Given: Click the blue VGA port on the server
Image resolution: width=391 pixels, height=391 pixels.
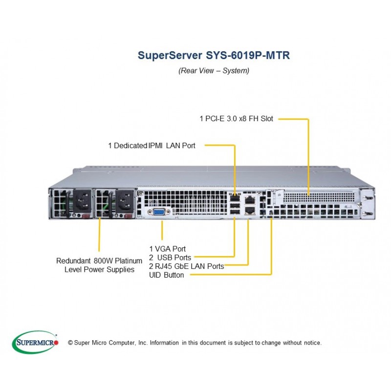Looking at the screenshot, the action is [158, 212].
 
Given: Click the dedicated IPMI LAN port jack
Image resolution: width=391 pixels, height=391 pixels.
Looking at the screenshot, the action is [235, 198].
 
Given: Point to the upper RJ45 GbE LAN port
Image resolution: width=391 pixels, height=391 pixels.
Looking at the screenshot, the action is [250, 200].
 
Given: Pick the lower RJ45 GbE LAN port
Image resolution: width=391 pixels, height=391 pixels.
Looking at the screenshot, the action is [250, 210].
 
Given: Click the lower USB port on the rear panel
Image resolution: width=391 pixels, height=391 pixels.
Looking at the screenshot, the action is [235, 212].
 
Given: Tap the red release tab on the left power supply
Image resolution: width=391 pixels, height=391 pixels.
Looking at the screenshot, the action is [86, 216].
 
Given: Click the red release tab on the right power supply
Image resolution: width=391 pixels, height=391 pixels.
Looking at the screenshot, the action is [129, 216].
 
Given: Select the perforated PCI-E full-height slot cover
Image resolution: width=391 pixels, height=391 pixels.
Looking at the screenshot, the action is [319, 197].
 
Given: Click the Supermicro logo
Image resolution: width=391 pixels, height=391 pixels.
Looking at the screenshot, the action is [35, 342].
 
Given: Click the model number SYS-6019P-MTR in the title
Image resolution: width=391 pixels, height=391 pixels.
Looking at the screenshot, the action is [248, 55].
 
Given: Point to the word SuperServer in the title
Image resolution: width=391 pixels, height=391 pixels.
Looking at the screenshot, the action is [170, 55].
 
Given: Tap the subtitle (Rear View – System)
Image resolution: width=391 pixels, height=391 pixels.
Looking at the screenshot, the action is [214, 70].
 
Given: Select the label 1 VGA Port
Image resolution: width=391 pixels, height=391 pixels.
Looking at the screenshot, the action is [167, 249].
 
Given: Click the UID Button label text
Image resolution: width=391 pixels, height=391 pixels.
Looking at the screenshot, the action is [166, 275].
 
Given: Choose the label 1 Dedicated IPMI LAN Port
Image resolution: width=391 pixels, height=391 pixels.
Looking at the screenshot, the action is [152, 145].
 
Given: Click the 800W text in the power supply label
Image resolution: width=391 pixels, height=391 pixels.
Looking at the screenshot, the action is [103, 261].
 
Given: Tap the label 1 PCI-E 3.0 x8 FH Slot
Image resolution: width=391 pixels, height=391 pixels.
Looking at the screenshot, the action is [237, 118].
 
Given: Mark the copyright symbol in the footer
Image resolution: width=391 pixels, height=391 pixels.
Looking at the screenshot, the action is [70, 343].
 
